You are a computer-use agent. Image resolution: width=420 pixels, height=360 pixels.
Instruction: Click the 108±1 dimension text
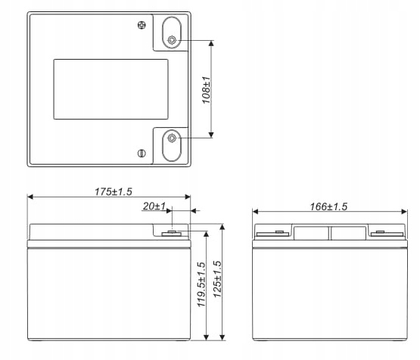(205, 89)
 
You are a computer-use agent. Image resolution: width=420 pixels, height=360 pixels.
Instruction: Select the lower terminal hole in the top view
(173, 138)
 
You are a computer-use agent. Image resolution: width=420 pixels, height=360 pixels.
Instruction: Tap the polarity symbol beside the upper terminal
(142, 26)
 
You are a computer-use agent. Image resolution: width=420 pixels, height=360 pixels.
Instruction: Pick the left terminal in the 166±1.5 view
(273, 233)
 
